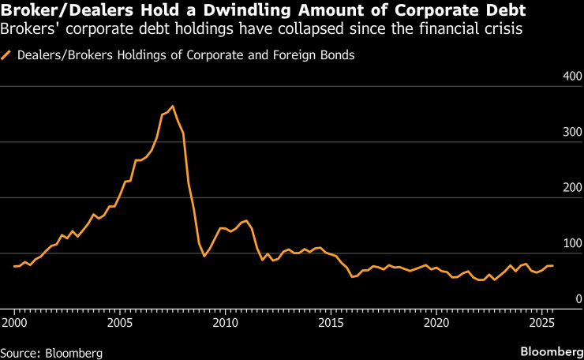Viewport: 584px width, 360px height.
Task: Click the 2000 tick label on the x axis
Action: coord(14,324)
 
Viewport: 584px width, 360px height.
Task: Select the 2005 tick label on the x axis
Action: coord(120,324)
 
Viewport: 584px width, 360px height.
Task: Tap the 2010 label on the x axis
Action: coord(226,324)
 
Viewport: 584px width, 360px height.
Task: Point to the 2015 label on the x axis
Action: coord(331,324)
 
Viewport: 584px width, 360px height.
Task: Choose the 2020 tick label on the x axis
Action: coord(436,324)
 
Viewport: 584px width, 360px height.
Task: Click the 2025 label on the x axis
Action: coord(541,324)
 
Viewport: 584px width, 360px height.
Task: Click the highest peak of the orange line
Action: coord(173,107)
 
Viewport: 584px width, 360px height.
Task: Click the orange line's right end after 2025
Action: coord(552,265)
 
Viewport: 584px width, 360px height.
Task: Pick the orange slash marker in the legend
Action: coord(7,56)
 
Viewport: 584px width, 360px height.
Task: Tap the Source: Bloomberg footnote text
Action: coord(51,350)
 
